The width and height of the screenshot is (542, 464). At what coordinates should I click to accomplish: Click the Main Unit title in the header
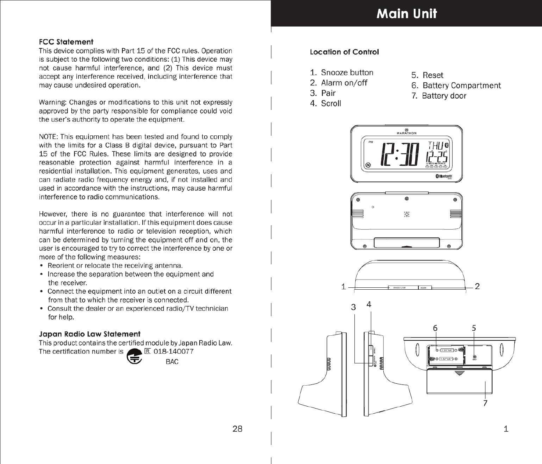tap(407, 14)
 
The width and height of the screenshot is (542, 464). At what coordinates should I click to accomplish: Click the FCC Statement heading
tap(66, 42)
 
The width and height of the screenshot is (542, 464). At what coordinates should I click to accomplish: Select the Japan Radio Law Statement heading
tap(89, 334)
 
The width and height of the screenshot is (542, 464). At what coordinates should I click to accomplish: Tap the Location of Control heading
tap(344, 52)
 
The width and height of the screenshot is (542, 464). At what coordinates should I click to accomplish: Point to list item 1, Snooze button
tap(342, 73)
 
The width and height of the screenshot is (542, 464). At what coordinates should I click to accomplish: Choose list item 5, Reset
tap(427, 75)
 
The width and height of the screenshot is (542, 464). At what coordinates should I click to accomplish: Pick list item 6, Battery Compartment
tap(456, 85)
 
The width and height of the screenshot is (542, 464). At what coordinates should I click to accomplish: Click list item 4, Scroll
tap(326, 103)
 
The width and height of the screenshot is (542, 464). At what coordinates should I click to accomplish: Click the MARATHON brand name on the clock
tap(406, 133)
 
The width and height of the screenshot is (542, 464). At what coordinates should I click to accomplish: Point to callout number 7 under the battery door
tap(485, 403)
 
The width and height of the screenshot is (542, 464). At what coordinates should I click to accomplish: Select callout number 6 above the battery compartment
tap(435, 328)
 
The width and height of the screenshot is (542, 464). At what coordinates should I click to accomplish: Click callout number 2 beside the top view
tap(477, 287)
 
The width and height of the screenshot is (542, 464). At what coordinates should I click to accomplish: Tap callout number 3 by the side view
tap(353, 307)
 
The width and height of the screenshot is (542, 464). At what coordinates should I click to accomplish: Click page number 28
tap(237, 429)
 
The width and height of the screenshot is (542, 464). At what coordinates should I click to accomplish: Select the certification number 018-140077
tap(174, 351)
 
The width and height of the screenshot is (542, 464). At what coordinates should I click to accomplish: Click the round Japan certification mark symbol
tap(134, 356)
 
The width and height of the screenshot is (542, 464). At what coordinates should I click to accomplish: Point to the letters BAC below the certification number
tap(172, 362)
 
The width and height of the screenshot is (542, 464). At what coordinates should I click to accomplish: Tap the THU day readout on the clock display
tap(436, 146)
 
